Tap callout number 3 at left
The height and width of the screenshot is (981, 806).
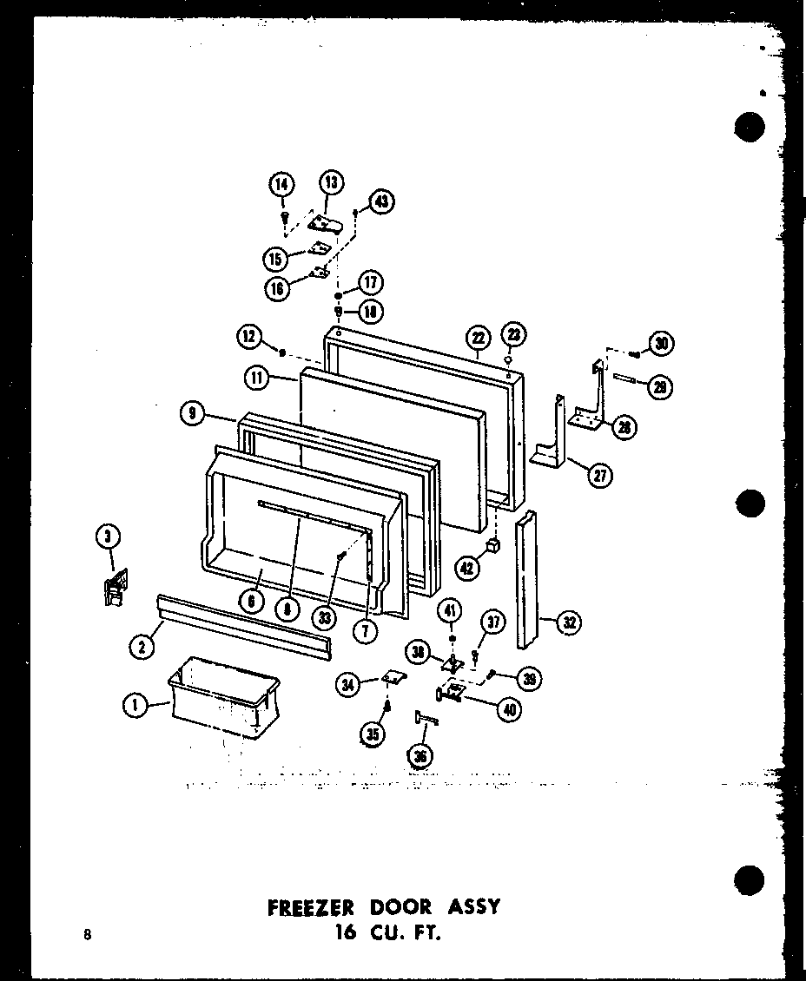pyautogui.click(x=106, y=537)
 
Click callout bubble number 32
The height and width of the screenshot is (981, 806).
pyautogui.click(x=570, y=622)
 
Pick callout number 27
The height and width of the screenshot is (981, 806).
pyautogui.click(x=598, y=474)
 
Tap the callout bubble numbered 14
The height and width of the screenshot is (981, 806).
pyautogui.click(x=281, y=185)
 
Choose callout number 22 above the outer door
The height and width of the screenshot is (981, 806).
pyautogui.click(x=478, y=338)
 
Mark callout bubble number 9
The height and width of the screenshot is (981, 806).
pyautogui.click(x=193, y=414)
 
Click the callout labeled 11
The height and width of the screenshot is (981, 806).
pyautogui.click(x=257, y=378)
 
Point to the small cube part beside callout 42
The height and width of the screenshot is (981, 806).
pyautogui.click(x=494, y=545)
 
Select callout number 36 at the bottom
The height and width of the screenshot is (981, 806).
pyautogui.click(x=420, y=756)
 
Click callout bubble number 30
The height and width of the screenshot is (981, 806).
pyautogui.click(x=663, y=343)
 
